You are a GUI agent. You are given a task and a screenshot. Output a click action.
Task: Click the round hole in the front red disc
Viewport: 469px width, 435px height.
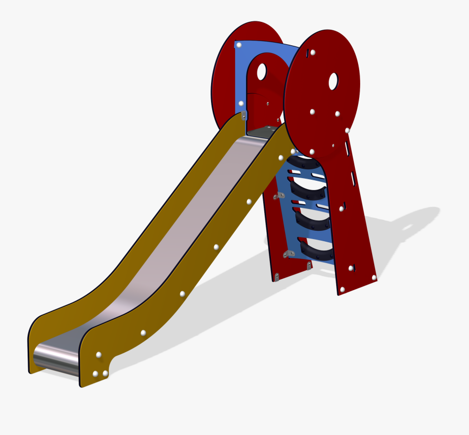(x=332, y=80)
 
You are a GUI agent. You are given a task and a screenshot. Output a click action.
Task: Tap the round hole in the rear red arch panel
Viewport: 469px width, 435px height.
(x=261, y=71)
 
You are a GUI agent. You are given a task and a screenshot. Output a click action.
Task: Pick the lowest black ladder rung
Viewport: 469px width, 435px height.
(x=316, y=251)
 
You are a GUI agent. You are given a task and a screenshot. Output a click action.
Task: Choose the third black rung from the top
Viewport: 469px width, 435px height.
(x=312, y=219)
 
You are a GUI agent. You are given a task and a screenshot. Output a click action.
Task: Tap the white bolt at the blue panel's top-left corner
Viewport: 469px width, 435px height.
(x=239, y=45)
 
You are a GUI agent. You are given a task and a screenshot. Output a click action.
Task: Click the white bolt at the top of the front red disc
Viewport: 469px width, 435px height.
(x=312, y=52)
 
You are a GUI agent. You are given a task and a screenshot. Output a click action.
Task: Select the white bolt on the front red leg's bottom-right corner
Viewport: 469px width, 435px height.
(x=374, y=279)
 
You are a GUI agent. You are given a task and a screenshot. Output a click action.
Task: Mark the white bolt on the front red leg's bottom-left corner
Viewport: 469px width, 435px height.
(x=342, y=290)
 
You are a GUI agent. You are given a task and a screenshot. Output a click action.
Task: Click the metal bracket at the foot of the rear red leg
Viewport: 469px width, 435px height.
(x=277, y=276)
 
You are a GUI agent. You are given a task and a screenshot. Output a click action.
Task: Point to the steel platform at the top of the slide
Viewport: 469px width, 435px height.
(x=263, y=131)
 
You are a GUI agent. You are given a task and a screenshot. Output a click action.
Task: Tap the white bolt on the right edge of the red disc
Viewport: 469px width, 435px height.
(x=347, y=130)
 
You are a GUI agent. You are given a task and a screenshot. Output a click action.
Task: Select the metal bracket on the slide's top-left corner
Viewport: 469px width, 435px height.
(x=244, y=116)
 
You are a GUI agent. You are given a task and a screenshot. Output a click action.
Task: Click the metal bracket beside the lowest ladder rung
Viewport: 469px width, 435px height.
(x=286, y=254)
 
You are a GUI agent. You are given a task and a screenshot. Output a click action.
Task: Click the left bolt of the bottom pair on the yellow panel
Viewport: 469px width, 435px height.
(x=95, y=374)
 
